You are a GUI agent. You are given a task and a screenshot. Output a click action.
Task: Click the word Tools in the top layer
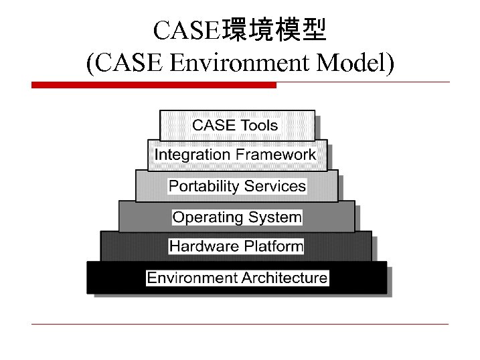point(259,125)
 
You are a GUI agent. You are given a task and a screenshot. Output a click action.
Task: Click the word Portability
point(204,186)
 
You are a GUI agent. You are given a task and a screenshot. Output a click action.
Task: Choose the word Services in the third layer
point(275,186)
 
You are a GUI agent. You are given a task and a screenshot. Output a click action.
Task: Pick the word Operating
point(208,217)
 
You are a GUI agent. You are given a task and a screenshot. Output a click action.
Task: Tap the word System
point(275,217)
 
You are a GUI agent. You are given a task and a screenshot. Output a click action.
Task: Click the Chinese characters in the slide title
point(274,30)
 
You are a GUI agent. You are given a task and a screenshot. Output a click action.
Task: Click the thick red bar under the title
point(153,85)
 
